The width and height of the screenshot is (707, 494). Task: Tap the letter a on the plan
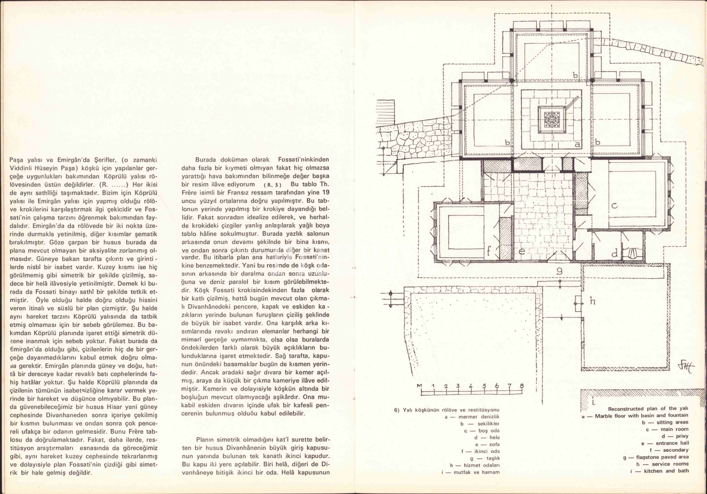(577, 144)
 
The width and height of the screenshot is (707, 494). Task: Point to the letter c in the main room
(614, 206)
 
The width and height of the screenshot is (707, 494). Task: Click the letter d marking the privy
(614, 254)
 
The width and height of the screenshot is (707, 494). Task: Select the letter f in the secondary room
(489, 251)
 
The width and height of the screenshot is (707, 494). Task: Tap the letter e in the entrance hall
(522, 251)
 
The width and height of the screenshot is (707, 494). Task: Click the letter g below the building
(559, 271)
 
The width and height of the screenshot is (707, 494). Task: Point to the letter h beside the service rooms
(592, 301)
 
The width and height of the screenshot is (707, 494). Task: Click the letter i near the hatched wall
(593, 402)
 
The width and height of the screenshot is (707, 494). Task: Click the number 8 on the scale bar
(522, 386)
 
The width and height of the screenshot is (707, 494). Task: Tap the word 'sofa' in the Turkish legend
(494, 444)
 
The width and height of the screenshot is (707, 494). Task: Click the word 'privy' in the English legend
(682, 436)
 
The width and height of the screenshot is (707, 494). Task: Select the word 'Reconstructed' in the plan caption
(626, 409)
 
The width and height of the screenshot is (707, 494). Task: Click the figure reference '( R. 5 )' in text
(272, 184)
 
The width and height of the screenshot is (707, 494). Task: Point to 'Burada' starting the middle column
(206, 160)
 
